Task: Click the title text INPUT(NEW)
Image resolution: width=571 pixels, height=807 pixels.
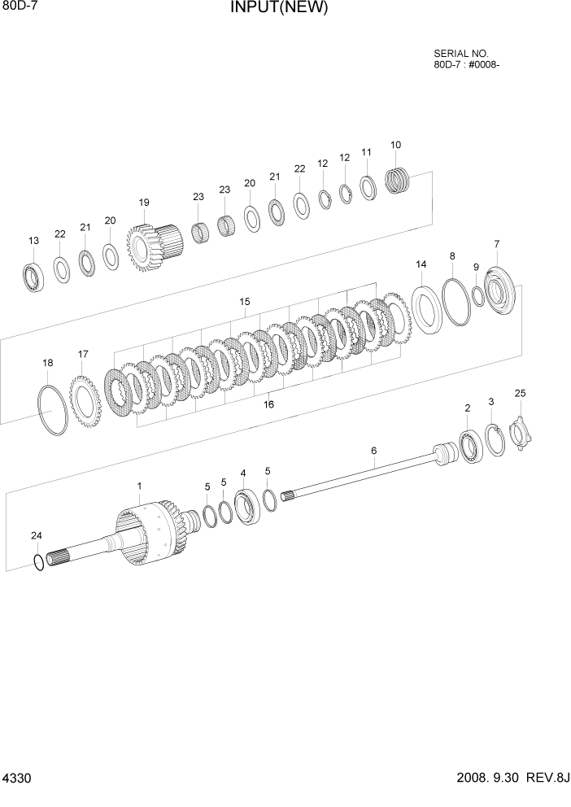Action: point(278,9)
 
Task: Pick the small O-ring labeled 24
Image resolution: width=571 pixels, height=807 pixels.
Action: point(38,561)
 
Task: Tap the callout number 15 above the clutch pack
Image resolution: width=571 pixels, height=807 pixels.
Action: point(244,302)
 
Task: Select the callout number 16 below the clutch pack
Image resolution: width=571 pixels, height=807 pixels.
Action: point(268,404)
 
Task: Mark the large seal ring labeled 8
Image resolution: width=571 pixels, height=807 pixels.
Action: point(457,302)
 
